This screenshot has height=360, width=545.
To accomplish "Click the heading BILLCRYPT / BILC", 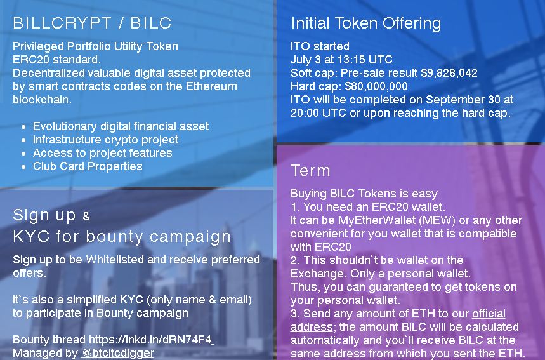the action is [92, 23].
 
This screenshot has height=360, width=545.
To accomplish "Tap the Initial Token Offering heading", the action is [365, 23].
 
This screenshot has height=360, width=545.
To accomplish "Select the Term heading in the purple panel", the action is [310, 170].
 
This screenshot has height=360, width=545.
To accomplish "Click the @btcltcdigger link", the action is [118, 353].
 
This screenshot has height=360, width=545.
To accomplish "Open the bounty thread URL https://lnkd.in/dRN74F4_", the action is [152, 340].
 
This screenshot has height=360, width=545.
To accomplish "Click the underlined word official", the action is [489, 314].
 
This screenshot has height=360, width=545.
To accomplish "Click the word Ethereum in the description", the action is [211, 86].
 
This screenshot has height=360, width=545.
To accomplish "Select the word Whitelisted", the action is [115, 260].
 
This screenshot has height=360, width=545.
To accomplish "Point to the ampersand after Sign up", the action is [86, 217].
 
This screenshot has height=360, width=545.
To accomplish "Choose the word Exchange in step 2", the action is [317, 274].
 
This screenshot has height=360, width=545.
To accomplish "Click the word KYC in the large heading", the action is [31, 237].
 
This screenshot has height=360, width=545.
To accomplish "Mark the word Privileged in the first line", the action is [38, 46].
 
